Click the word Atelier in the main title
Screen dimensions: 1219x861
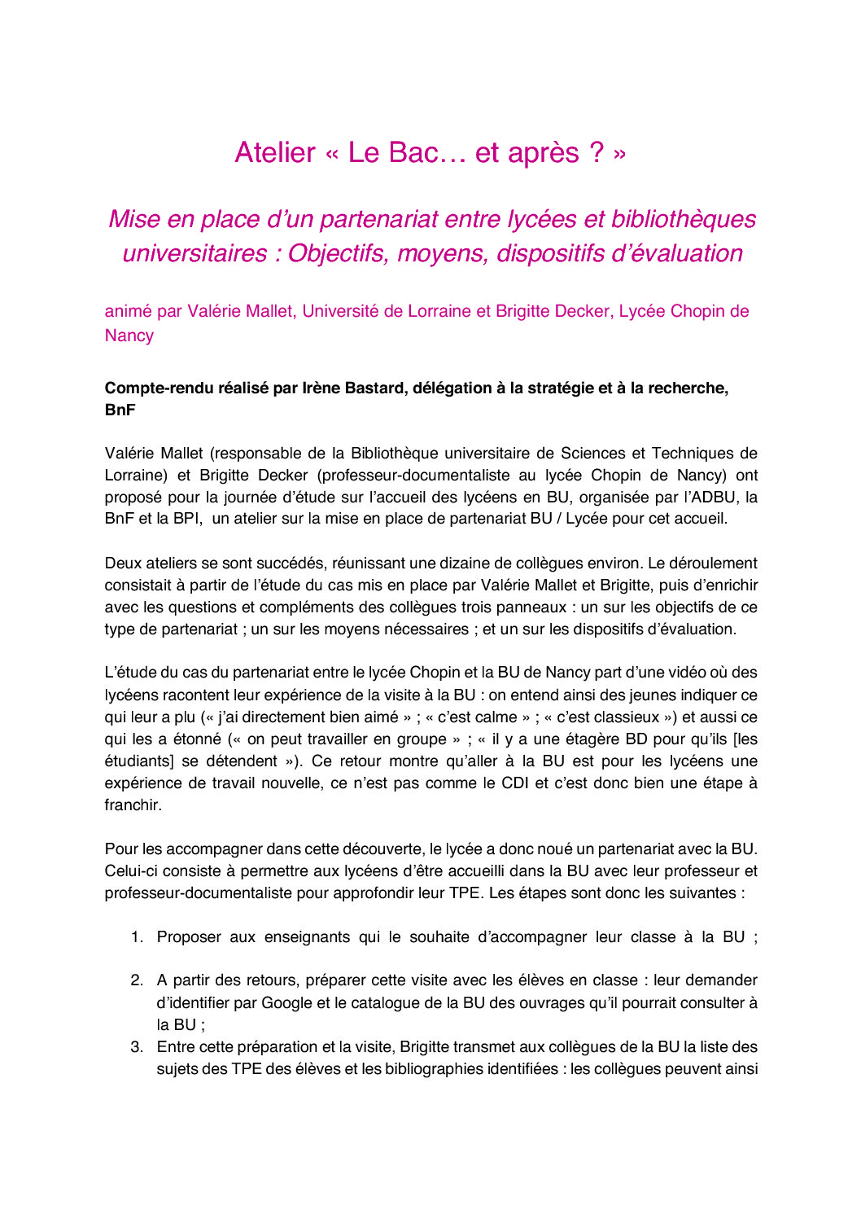point(275,153)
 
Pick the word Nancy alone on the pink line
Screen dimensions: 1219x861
point(129,335)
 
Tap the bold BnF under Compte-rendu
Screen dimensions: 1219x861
point(120,410)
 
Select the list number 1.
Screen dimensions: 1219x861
point(137,937)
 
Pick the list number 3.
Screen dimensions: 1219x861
point(137,1047)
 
